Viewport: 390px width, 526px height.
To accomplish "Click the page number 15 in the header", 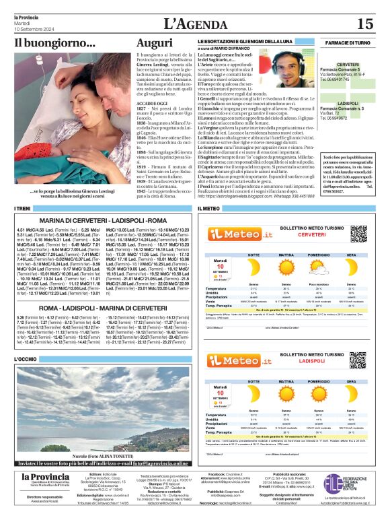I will coord(365,24).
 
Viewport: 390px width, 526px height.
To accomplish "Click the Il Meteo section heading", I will coord(209,209).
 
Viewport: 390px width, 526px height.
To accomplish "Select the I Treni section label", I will coord(23,209).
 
